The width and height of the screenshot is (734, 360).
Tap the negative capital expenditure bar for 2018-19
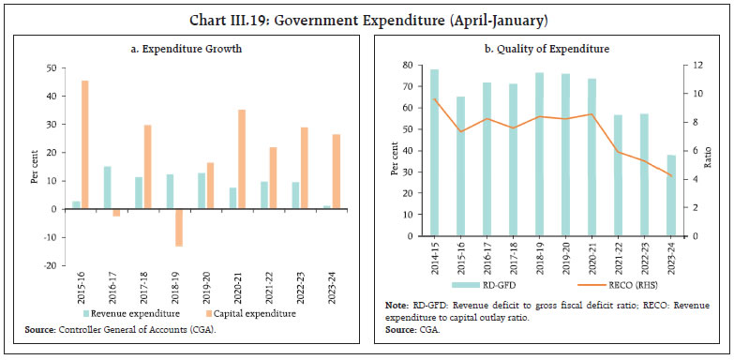click(x=178, y=227)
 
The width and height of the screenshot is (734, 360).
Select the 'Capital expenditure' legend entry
click(x=247, y=313)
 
